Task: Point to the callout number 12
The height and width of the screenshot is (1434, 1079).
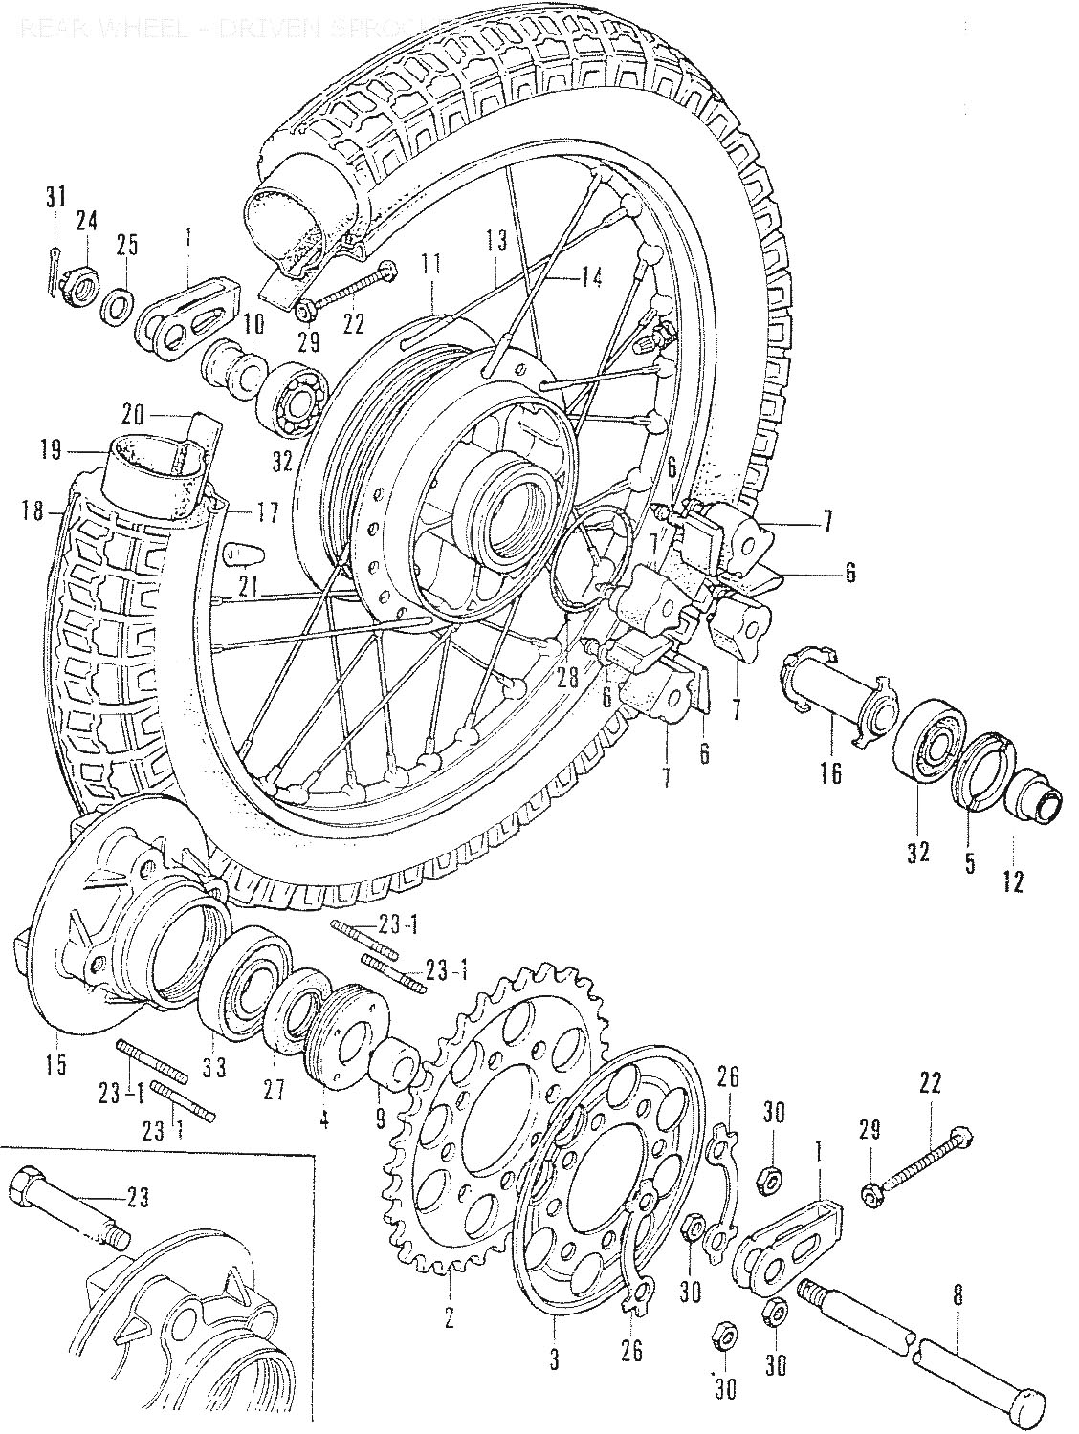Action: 1012,880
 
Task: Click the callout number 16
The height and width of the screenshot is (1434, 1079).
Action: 829,772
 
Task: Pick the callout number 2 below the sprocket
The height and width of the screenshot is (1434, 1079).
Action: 450,1320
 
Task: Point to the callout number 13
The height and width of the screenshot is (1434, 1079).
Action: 495,239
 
